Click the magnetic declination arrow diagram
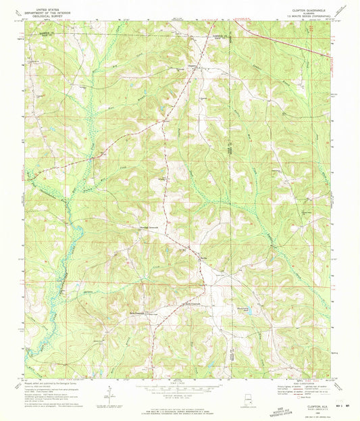point(108,395)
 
